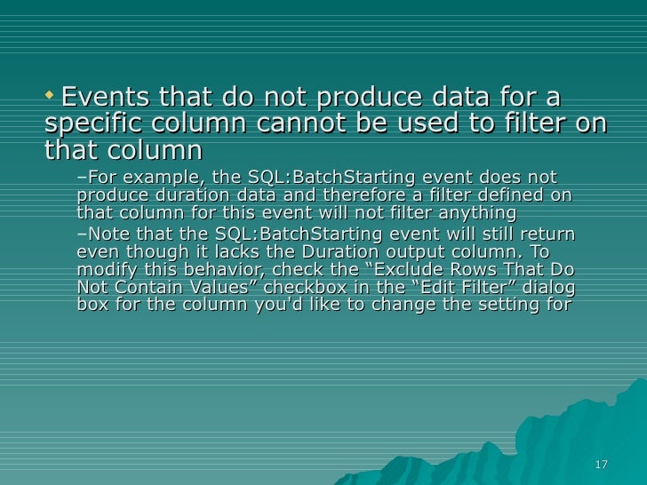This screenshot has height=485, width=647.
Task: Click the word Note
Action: pos(108,234)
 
